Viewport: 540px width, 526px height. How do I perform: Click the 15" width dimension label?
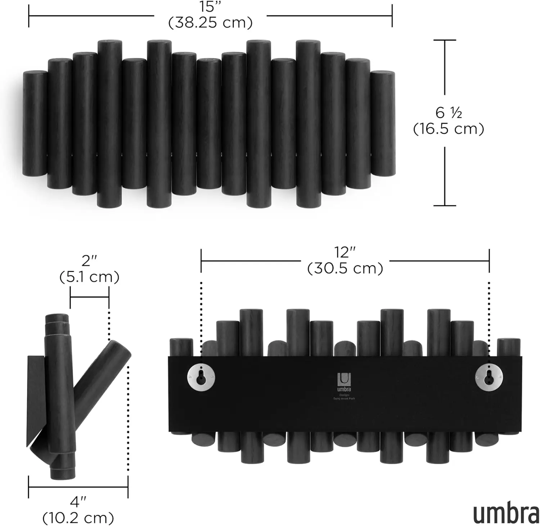pos(210,7)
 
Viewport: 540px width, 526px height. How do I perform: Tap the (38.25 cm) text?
pos(210,23)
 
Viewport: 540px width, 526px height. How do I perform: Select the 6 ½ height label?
pos(448,113)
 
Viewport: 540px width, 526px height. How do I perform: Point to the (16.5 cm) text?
pos(448,129)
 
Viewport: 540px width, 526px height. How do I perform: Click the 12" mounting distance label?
pos(345,253)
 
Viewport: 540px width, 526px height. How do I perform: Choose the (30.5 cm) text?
pos(345,268)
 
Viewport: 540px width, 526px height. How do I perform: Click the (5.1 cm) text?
pos(89,277)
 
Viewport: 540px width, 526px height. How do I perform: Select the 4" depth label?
pos(78,502)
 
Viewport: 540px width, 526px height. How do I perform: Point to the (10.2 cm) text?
pos(78,518)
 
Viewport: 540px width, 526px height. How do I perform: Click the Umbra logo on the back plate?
pos(344,382)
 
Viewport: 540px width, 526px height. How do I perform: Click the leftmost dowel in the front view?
pos(35,123)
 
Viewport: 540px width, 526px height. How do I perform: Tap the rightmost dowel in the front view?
pos(383,123)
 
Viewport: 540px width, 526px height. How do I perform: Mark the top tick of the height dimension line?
pos(445,40)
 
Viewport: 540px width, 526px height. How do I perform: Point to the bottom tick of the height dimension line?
pos(445,206)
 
